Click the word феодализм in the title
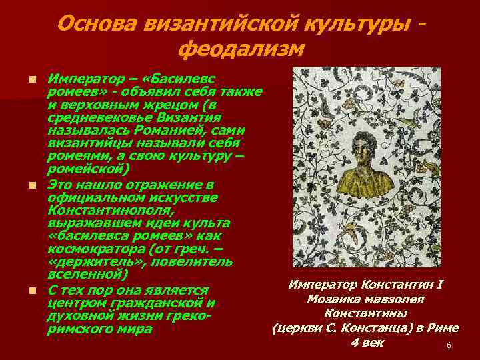pos(242,49)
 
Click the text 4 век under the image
pos(366,342)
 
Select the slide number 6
pos(449,345)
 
